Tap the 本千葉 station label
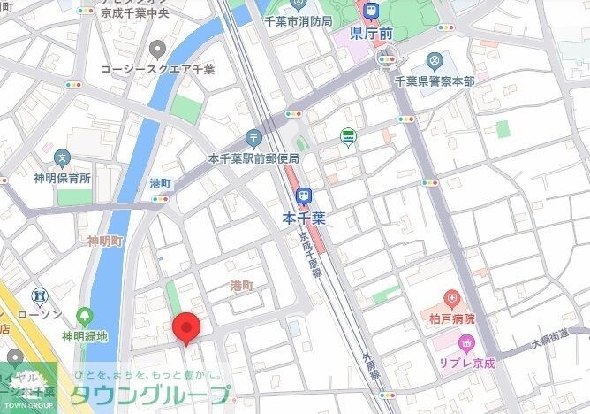pyautogui.click(x=304, y=216)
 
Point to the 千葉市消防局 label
pyautogui.click(x=299, y=19)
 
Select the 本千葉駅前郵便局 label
pyautogui.click(x=253, y=158)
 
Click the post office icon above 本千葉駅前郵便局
pyautogui.click(x=253, y=138)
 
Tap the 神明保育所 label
pyautogui.click(x=62, y=178)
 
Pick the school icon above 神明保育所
pyautogui.click(x=62, y=158)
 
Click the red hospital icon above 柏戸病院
pyautogui.click(x=452, y=297)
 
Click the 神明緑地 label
pyautogui.click(x=84, y=336)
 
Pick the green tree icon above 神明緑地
pyautogui.click(x=85, y=316)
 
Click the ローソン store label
pyautogui.click(x=39, y=314)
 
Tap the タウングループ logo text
pyautogui.click(x=150, y=395)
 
